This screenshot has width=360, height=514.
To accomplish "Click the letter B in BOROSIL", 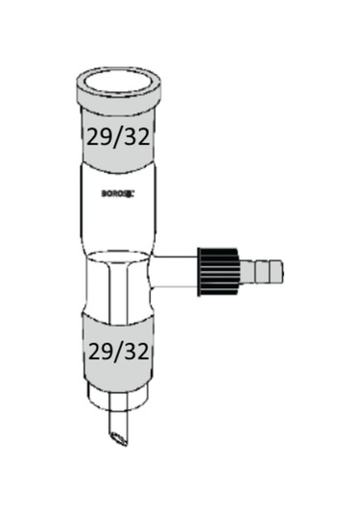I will (103, 192).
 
